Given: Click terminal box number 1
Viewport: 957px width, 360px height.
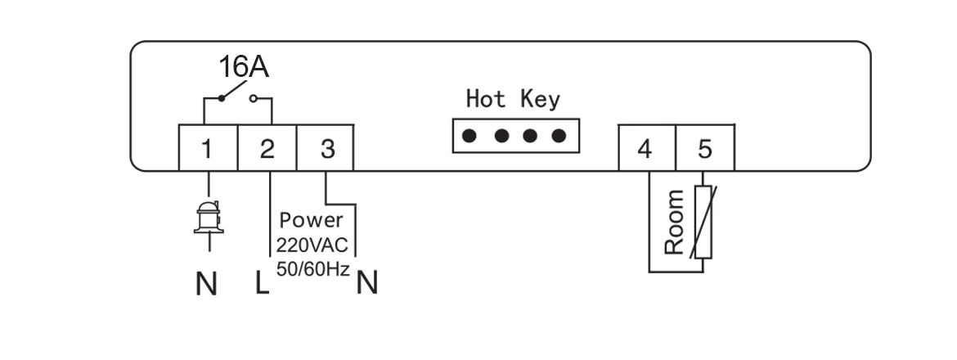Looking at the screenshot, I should click(x=208, y=149).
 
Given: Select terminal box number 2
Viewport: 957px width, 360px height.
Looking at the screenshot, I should click(x=267, y=149).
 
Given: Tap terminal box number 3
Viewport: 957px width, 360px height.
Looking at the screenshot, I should click(x=326, y=149).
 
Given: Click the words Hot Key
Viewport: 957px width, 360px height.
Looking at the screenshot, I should click(x=513, y=100).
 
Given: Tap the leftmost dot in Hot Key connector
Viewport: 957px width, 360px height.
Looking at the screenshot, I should click(x=470, y=136).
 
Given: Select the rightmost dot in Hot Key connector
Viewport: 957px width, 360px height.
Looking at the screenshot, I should click(x=559, y=136).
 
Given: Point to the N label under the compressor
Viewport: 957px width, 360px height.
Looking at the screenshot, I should click(x=207, y=285).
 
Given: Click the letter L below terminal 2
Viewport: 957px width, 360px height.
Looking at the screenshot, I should click(x=262, y=283).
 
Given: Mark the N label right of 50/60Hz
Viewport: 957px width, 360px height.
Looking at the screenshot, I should click(x=368, y=283).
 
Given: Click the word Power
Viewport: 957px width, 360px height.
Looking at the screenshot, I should click(x=311, y=220).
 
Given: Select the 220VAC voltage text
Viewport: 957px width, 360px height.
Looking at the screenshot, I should click(x=312, y=245).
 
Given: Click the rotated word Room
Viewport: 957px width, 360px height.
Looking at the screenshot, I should click(x=674, y=222).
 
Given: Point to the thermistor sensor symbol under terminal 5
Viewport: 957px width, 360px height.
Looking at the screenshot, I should click(x=703, y=223).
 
